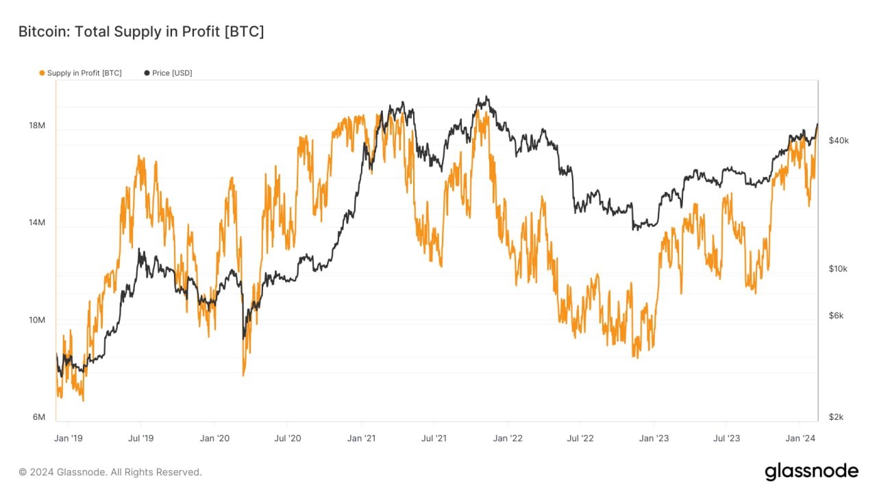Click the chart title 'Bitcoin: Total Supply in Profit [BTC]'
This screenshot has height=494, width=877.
coord(140,32)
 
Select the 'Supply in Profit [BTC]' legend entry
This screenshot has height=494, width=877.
coord(84,73)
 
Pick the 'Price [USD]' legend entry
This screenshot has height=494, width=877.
coord(172,73)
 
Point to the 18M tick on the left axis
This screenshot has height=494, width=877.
coord(37,126)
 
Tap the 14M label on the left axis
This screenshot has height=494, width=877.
coord(37,223)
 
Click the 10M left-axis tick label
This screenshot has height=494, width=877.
coord(37,320)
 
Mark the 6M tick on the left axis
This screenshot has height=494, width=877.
coord(38,417)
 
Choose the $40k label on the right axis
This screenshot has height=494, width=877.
coord(839,140)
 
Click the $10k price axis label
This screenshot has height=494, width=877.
coord(838,269)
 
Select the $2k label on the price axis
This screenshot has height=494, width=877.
coord(837,417)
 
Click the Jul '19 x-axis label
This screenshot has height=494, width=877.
coord(140,438)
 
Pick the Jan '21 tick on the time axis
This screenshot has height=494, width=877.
coord(360,438)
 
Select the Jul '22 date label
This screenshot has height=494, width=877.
coord(580,438)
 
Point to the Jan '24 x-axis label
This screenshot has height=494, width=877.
coord(800,438)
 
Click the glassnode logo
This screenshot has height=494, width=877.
coord(811,471)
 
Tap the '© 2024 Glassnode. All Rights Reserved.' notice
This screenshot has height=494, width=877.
coord(110,472)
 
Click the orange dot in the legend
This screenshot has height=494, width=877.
coord(42,73)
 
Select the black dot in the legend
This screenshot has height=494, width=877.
coord(147,73)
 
